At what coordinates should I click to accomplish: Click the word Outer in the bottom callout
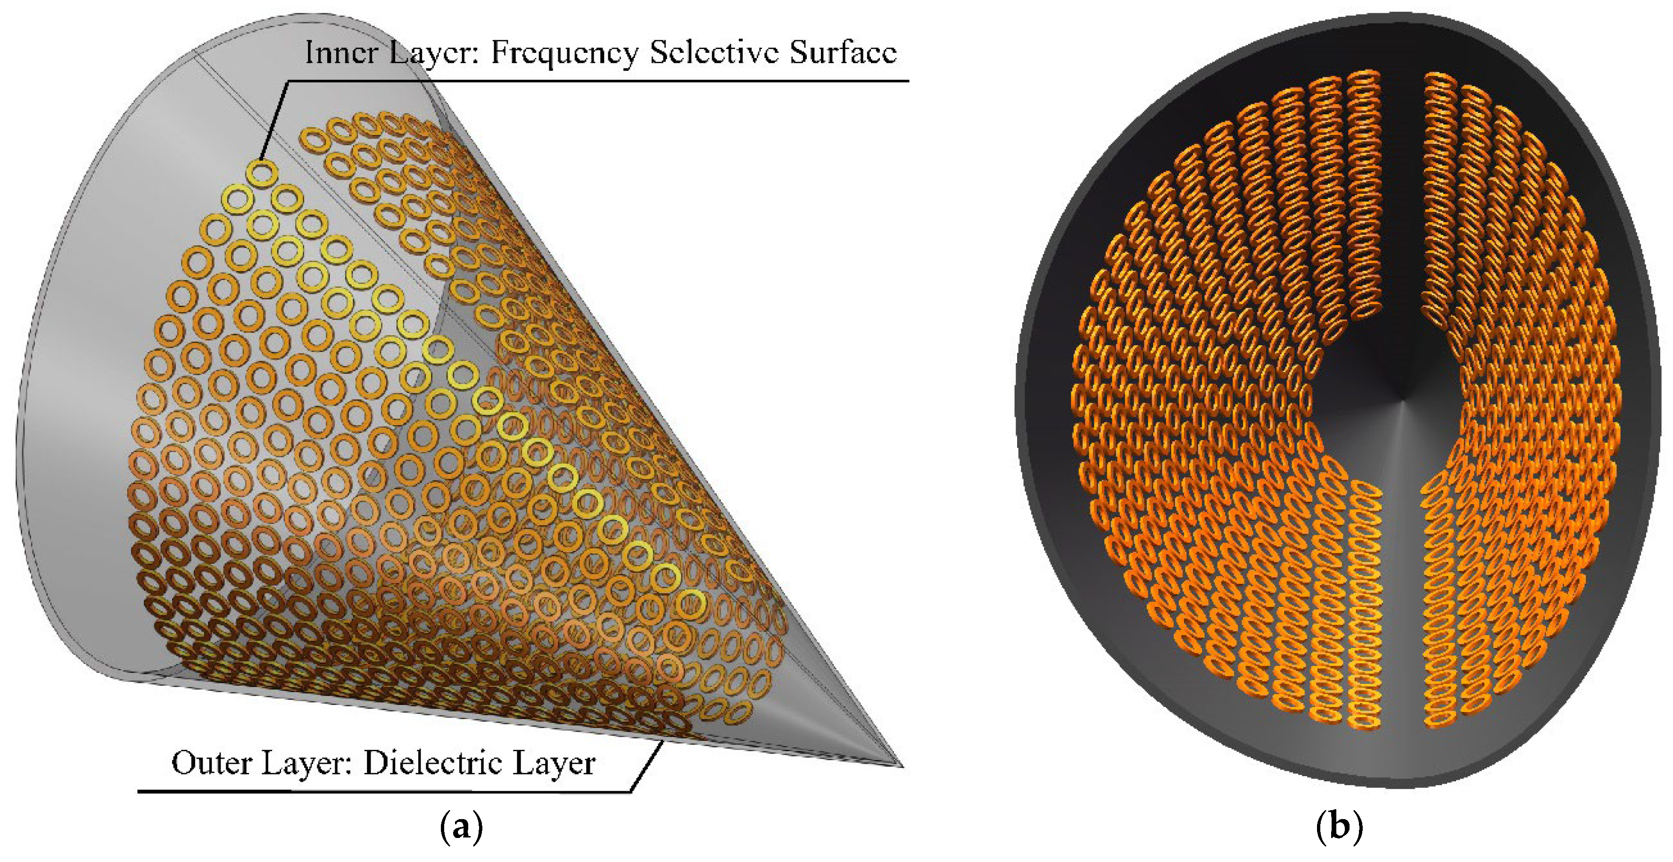pyautogui.click(x=211, y=763)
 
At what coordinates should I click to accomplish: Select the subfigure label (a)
pyautogui.click(x=462, y=828)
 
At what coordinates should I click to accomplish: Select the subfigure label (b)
pyautogui.click(x=1339, y=828)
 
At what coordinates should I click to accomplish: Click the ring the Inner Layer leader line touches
pyautogui.click(x=262, y=174)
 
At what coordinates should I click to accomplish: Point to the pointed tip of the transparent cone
pyautogui.click(x=902, y=766)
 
